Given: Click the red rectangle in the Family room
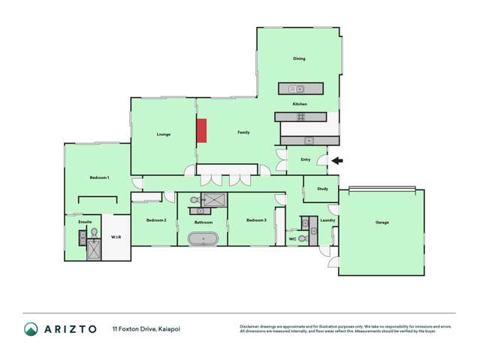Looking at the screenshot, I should coord(201,130).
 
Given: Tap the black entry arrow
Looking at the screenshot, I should coord(337,159).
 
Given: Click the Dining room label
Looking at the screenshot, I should coord(299,59).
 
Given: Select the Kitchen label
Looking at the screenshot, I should coord(300,104).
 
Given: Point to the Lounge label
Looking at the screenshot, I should coord(164,135).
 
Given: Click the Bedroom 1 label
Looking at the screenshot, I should coord(100,177).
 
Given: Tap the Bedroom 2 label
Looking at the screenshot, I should coord(156,220).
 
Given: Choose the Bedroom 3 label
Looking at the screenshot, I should coord(256,220).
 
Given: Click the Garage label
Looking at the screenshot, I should coord(382,222).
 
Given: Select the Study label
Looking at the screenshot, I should coord(322,189).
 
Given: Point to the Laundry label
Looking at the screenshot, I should coord(327,220).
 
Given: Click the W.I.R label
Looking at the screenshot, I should coord(116,237).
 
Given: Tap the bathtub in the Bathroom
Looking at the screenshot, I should coord(203,239).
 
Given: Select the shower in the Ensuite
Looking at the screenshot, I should coord(94,249).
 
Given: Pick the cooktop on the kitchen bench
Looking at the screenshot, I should coord(300,116).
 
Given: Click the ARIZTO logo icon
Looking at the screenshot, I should coord(31,329).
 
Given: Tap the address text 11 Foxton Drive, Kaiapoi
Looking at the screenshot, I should coord(146,329).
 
